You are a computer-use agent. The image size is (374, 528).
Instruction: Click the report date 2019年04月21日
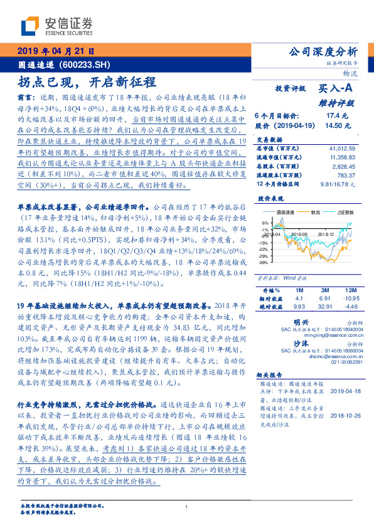(x=56, y=51)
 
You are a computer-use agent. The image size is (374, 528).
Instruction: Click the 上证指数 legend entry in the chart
(x=344, y=213)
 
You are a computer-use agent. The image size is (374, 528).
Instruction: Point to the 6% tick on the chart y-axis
(x=266, y=223)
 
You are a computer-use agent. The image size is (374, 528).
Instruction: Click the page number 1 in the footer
(x=187, y=507)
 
